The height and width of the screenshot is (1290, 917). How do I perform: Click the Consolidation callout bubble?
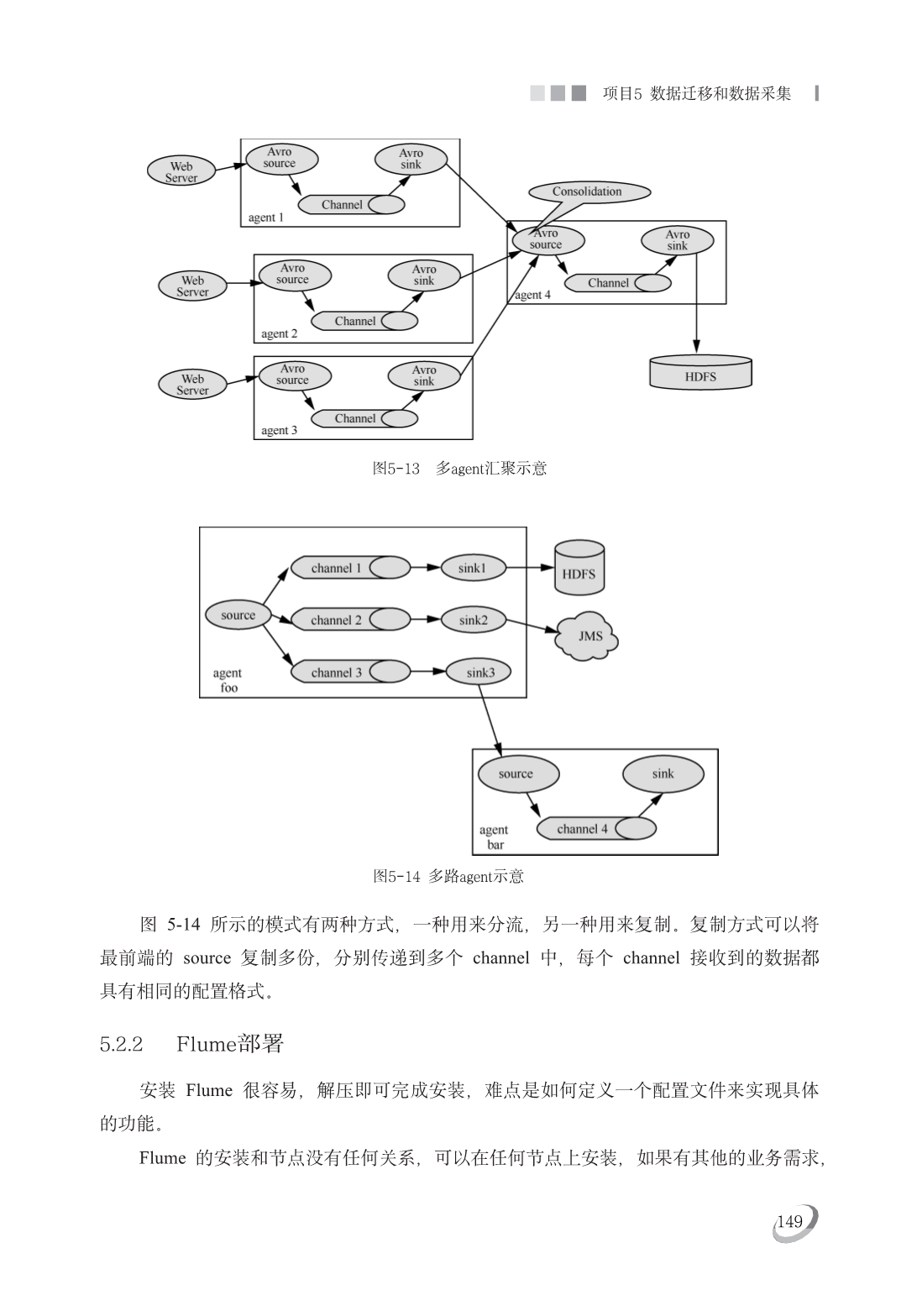point(589,191)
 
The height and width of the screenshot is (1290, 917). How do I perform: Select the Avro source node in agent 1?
point(281,159)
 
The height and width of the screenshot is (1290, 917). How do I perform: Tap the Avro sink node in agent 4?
point(678,240)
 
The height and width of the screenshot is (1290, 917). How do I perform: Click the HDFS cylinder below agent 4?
point(700,372)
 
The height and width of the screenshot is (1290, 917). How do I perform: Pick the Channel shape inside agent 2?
point(364,321)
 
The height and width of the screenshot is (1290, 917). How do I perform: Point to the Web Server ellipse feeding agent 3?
point(192,385)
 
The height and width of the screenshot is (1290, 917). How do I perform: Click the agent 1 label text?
point(265,218)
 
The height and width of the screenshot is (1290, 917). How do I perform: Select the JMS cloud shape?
point(587,636)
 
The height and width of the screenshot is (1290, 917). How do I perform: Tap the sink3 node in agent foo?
point(479,672)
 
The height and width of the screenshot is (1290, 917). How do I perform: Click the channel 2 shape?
point(350,620)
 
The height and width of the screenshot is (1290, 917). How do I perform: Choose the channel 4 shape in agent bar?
point(596,829)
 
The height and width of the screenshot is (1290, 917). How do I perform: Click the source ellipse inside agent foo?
point(238,615)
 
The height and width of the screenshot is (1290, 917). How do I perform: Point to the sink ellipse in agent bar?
point(663,773)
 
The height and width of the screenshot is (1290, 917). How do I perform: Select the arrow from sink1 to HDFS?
point(530,568)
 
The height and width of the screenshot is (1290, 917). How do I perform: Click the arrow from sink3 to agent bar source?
point(490,721)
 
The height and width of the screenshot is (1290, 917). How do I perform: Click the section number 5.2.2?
point(121,1044)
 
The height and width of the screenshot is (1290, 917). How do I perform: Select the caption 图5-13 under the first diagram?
point(396,468)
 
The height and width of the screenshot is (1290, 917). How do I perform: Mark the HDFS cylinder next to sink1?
point(579,568)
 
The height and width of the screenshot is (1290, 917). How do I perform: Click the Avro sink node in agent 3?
point(424,375)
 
